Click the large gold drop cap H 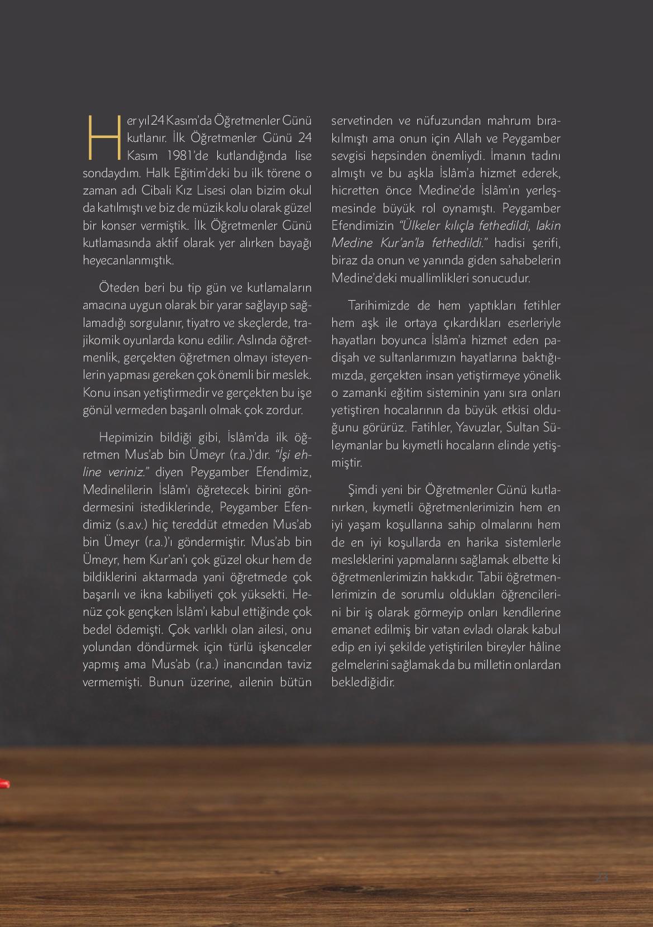coord(103,137)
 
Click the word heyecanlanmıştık coord(128,260)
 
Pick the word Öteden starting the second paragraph coord(117,288)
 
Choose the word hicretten coord(355,190)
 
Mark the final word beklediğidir coord(363,682)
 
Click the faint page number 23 coord(602,877)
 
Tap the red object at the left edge coord(4,784)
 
